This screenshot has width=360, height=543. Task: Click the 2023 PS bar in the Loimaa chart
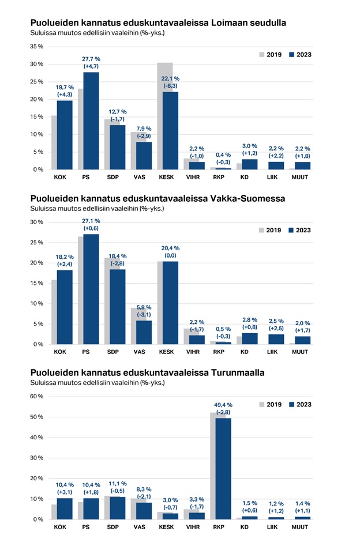[x=91, y=121]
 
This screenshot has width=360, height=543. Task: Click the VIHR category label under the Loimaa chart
[x=194, y=178]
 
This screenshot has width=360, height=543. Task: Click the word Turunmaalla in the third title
[x=238, y=373]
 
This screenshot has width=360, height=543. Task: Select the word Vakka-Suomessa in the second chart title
[x=244, y=198]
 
